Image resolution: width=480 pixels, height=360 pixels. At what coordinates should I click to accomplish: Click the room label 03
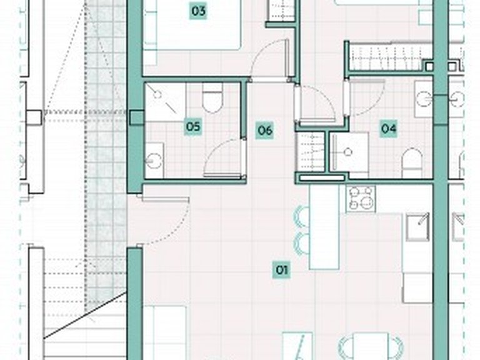(x=198, y=11)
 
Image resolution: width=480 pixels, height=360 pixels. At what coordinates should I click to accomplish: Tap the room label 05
(x=193, y=126)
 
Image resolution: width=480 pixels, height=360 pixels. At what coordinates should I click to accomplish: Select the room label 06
(x=265, y=131)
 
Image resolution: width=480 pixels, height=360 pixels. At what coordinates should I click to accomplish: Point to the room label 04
(x=389, y=128)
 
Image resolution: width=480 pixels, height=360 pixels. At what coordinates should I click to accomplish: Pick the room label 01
(x=282, y=270)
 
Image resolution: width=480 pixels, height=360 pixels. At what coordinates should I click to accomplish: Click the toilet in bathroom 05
(x=212, y=97)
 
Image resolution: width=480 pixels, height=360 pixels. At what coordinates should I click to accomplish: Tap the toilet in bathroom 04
(x=412, y=163)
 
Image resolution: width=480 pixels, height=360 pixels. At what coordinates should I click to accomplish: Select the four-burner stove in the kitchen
(x=361, y=199)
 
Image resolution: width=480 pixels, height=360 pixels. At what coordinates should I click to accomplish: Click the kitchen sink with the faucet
(x=418, y=227)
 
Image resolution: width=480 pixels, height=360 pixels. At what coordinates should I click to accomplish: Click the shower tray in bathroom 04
(x=349, y=152)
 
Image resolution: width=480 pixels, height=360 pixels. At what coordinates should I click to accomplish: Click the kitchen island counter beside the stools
(x=324, y=227)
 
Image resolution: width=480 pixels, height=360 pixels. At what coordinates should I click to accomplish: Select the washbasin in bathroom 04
(x=424, y=99)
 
